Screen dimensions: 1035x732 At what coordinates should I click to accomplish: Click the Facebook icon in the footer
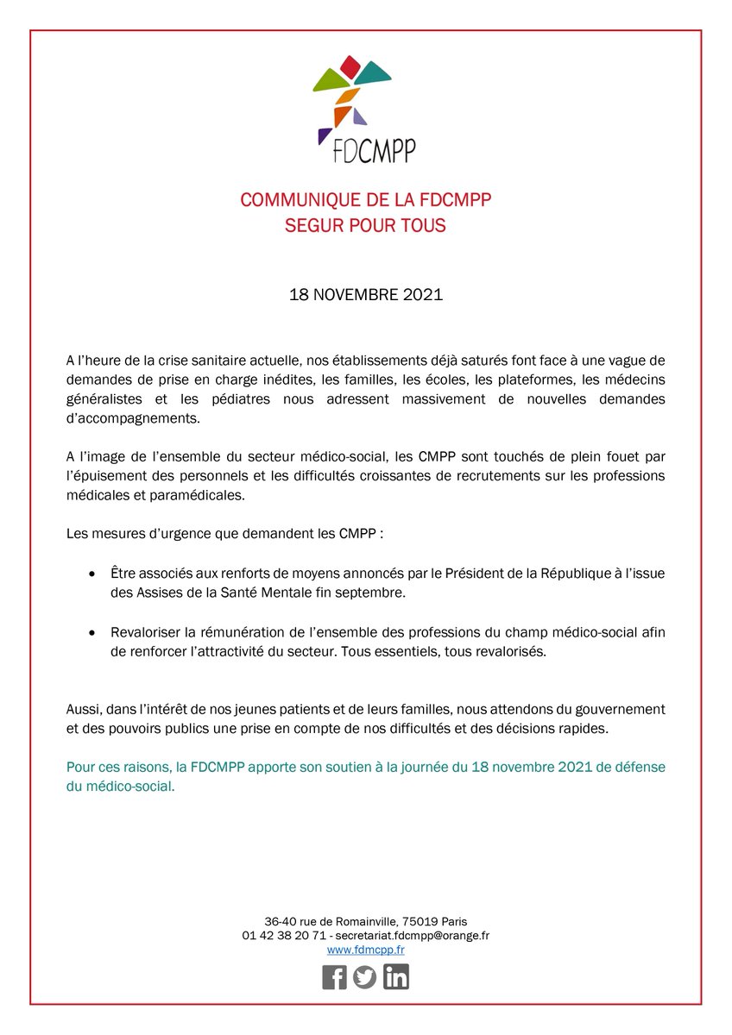pyautogui.click(x=334, y=977)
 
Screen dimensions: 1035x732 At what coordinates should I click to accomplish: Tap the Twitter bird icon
pyautogui.click(x=365, y=977)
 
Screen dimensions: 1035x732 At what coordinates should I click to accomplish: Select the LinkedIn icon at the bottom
pyautogui.click(x=396, y=977)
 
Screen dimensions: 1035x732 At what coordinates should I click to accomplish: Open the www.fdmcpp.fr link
pyautogui.click(x=366, y=950)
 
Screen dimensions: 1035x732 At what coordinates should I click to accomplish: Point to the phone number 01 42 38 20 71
pyautogui.click(x=284, y=936)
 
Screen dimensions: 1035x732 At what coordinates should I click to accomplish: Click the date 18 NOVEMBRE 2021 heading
pyautogui.click(x=366, y=295)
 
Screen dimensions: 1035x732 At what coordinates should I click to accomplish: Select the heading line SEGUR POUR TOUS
pyautogui.click(x=366, y=226)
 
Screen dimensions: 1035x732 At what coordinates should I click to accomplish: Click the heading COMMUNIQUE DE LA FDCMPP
pyautogui.click(x=366, y=201)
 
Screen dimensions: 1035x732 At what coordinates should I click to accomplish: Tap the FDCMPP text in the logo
pyautogui.click(x=375, y=151)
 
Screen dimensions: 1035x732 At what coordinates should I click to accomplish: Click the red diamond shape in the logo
pyautogui.click(x=350, y=64)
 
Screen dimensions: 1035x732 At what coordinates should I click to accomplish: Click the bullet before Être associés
pyautogui.click(x=93, y=574)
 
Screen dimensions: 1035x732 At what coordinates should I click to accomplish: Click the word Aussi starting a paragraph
pyautogui.click(x=83, y=709)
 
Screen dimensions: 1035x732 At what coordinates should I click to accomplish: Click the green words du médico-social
pyautogui.click(x=120, y=787)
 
